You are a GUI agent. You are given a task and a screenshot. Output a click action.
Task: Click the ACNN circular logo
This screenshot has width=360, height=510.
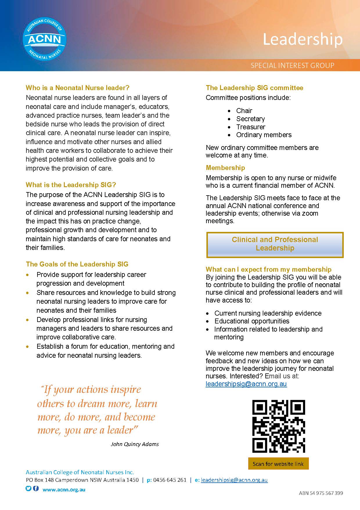coord(44,39)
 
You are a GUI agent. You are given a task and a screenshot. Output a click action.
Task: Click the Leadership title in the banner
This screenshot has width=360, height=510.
coord(303,40)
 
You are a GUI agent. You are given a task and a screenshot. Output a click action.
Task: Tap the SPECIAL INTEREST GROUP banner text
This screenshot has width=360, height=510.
coord(292,65)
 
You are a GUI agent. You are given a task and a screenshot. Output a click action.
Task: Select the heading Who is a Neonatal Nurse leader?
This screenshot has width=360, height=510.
coord(78,88)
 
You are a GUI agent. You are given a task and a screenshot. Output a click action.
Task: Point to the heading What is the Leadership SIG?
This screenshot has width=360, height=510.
coord(71,185)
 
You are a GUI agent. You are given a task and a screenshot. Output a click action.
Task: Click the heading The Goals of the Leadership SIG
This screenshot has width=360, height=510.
coord(77,264)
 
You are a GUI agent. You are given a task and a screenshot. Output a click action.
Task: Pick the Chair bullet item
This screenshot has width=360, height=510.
coord(244,111)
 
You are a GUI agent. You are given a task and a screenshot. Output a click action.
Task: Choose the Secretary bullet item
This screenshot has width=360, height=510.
coord(250,119)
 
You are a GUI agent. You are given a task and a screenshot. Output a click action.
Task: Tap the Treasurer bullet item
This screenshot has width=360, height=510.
coord(251,127)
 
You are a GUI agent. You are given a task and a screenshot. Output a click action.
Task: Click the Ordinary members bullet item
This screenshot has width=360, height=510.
coord(264,135)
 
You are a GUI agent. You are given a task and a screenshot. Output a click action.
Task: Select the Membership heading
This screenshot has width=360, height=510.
coord(225,168)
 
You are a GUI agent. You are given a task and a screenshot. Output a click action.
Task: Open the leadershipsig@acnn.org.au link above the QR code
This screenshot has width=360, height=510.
coord(246,384)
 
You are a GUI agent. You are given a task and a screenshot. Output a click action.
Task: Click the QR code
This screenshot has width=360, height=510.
coord(278,426)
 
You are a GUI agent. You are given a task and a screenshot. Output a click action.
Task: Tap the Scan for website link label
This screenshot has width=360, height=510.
coord(278,464)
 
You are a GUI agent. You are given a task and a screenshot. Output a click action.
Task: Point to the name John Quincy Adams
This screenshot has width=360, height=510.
coord(135,444)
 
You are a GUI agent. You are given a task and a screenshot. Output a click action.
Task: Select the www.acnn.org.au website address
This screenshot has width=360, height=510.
coord(64,490)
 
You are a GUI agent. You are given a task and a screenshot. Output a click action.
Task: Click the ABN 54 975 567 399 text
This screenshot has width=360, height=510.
coord(321,493)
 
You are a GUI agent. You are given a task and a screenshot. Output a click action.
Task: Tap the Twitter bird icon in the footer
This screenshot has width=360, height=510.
coord(28,488)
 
